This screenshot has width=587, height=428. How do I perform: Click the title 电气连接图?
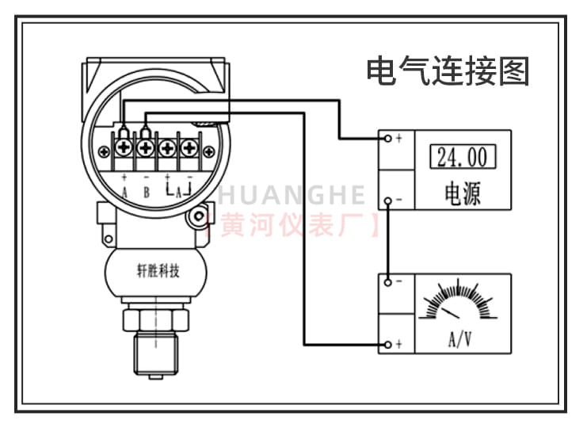coord(448,71)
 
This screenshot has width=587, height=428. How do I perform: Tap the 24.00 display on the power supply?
coord(463,156)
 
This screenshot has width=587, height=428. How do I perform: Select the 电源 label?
coord(463,193)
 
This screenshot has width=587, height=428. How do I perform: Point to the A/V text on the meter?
coord(459,339)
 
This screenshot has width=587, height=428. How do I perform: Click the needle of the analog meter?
coord(451,313)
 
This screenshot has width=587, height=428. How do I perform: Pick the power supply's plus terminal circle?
coord(388,139)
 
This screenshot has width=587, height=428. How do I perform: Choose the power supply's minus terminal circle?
coord(388,201)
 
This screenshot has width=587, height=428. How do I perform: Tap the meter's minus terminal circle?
coord(388,282)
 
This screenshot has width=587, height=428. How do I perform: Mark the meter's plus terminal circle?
coord(388,345)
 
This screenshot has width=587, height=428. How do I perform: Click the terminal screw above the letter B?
coord(145,148)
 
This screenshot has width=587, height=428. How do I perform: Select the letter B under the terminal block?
coord(147,192)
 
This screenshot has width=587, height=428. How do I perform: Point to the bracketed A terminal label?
coord(178,190)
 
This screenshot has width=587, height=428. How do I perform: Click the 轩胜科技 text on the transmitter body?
coord(158,271)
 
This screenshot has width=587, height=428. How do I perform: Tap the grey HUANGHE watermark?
coord(292,195)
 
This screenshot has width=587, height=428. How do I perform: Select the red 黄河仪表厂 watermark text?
coord(293,224)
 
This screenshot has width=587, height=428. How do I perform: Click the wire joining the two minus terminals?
coord(388,242)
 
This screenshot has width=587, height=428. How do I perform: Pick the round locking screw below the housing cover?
coord(197,216)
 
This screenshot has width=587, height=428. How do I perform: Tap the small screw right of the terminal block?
coord(208,151)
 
